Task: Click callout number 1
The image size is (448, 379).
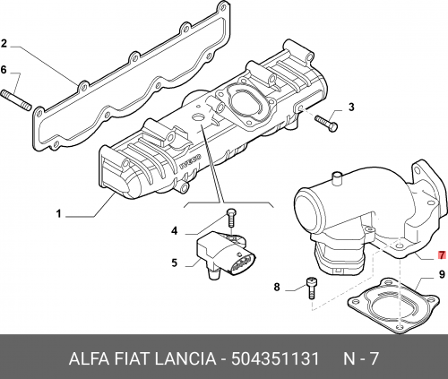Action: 59,214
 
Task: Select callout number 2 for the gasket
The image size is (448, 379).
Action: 4,44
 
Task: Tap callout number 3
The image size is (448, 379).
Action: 351,107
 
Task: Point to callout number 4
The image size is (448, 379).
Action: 174,231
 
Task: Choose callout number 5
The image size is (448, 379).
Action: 175,263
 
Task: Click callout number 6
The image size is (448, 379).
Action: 4,70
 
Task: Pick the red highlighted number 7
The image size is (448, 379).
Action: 442,255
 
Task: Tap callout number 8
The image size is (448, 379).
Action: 277,288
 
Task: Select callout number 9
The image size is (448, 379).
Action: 442,274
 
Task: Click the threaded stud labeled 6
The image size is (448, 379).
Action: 16,100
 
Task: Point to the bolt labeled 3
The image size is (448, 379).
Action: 326,123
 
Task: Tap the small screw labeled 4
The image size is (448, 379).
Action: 231,218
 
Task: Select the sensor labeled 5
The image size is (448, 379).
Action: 226,254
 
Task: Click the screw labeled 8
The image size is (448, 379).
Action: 312,289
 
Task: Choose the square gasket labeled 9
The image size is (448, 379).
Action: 393,306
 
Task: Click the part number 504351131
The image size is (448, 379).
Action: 275,358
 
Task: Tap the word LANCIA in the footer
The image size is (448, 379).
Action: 185,358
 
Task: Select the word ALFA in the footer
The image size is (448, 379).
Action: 89,358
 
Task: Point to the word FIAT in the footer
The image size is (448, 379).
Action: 132,358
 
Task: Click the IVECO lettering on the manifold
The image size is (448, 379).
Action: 191,161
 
